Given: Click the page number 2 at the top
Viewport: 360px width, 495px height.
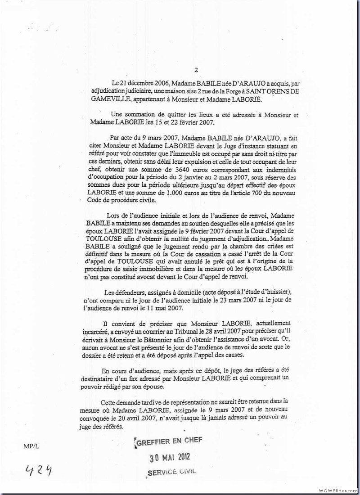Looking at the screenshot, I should [x=196, y=70].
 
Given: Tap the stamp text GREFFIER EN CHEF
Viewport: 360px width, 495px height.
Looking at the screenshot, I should [x=169, y=442].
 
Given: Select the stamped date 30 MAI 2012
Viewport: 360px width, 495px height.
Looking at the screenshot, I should [x=171, y=458].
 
